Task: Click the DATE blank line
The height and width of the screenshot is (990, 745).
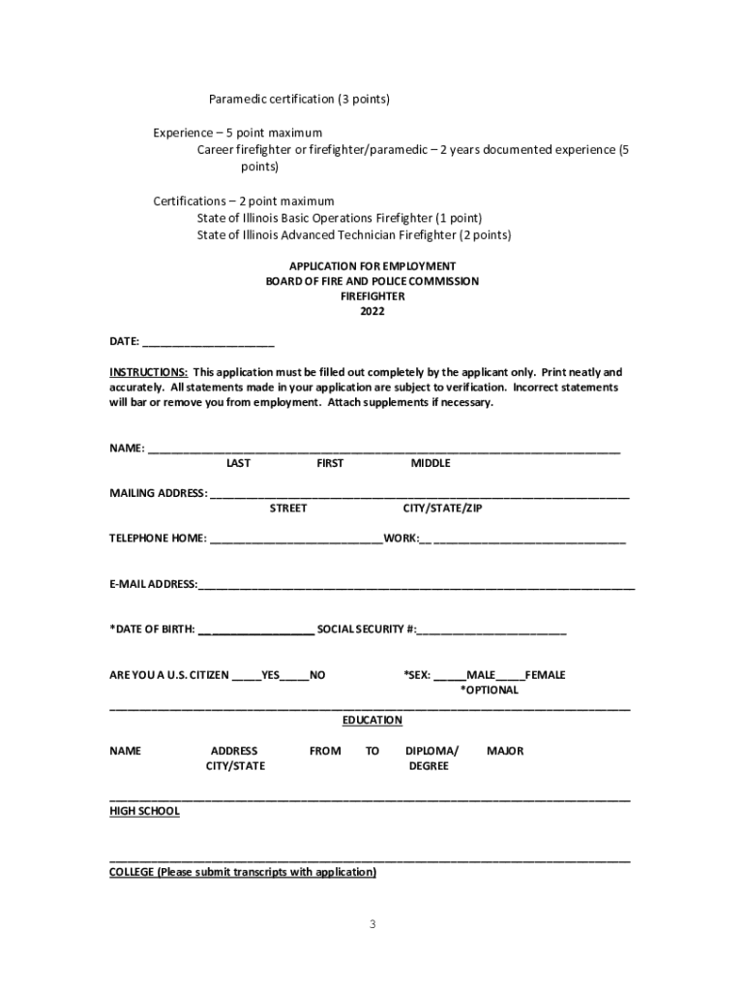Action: coord(208,342)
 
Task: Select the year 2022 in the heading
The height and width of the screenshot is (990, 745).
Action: coord(372,312)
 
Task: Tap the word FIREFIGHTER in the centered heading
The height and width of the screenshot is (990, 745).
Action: coord(372,297)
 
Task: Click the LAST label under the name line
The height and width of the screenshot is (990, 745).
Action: coord(238,463)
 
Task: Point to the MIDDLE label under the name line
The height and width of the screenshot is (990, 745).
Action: coord(431,463)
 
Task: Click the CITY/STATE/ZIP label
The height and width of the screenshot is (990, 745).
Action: coord(442,509)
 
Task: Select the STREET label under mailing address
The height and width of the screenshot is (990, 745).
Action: coord(288,509)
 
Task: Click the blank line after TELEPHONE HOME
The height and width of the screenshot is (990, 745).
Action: coord(295,539)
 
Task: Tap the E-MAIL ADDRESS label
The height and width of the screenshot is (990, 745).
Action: coord(153,584)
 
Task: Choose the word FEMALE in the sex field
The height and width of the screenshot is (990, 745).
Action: coord(545,675)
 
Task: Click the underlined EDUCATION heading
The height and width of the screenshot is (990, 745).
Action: coord(372,720)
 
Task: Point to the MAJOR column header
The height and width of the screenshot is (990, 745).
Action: coord(505,751)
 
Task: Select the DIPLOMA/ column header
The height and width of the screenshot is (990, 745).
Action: coord(432,751)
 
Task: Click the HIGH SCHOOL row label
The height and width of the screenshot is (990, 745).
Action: coord(144,811)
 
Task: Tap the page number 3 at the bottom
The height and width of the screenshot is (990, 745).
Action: coord(372,924)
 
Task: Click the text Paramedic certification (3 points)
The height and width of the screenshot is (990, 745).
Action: coord(299,100)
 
